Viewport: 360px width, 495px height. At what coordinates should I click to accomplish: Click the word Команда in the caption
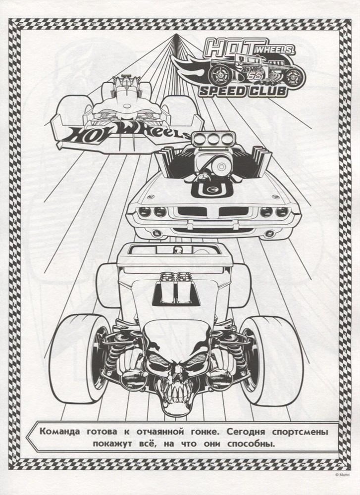60,432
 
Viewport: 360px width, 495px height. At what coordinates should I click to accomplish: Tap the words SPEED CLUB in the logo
243,91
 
